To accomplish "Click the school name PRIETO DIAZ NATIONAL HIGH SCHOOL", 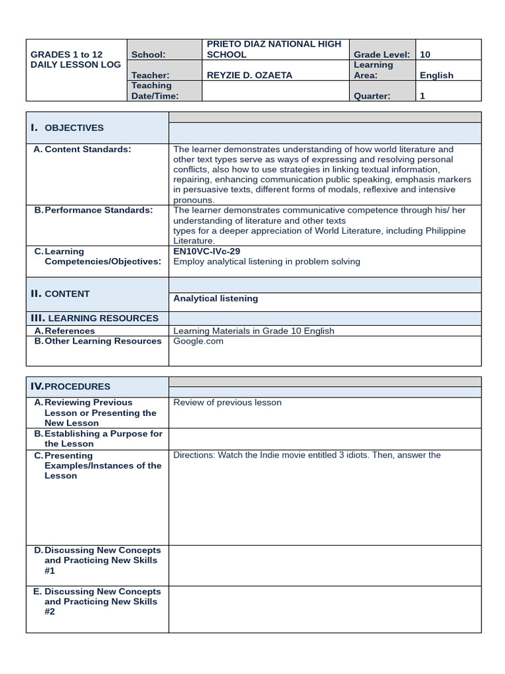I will click(274, 49).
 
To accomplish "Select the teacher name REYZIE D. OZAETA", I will click(249, 75).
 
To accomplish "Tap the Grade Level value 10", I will click(425, 55).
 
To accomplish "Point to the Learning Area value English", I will click(437, 75).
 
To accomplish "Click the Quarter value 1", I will click(422, 95).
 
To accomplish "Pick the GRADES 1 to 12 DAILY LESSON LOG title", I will click(76, 60).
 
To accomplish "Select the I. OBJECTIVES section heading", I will click(67, 128).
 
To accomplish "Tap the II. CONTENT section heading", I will click(60, 294).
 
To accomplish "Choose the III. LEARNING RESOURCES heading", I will click(94, 318).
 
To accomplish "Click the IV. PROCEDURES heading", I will click(70, 386).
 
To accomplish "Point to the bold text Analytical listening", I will click(216, 298).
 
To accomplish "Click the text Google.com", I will click(198, 341).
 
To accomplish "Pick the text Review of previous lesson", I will click(227, 402).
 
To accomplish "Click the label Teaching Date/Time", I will click(155, 91).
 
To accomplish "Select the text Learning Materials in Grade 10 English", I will click(253, 331).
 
